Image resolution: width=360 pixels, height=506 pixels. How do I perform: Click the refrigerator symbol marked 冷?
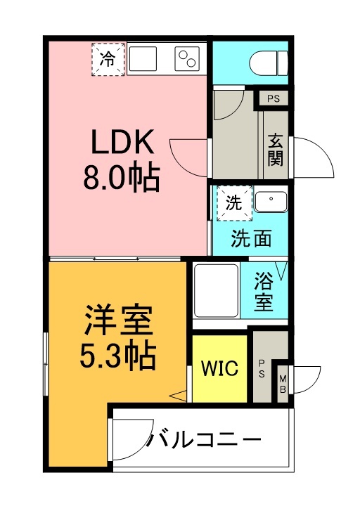tap(108, 58)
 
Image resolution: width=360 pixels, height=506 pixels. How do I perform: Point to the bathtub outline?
tap(217, 290)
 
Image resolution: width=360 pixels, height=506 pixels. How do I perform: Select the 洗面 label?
tap(251, 239)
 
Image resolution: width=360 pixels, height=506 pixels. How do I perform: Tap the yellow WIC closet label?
tap(220, 368)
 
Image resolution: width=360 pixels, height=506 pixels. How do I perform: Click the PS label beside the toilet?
tap(273, 98)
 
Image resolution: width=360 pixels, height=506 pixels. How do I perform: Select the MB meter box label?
tap(283, 384)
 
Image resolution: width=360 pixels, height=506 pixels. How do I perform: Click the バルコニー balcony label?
tap(204, 441)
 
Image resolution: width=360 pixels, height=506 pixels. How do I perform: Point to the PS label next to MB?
tap(262, 368)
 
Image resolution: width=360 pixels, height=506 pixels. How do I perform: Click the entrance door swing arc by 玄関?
tap(314, 158)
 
